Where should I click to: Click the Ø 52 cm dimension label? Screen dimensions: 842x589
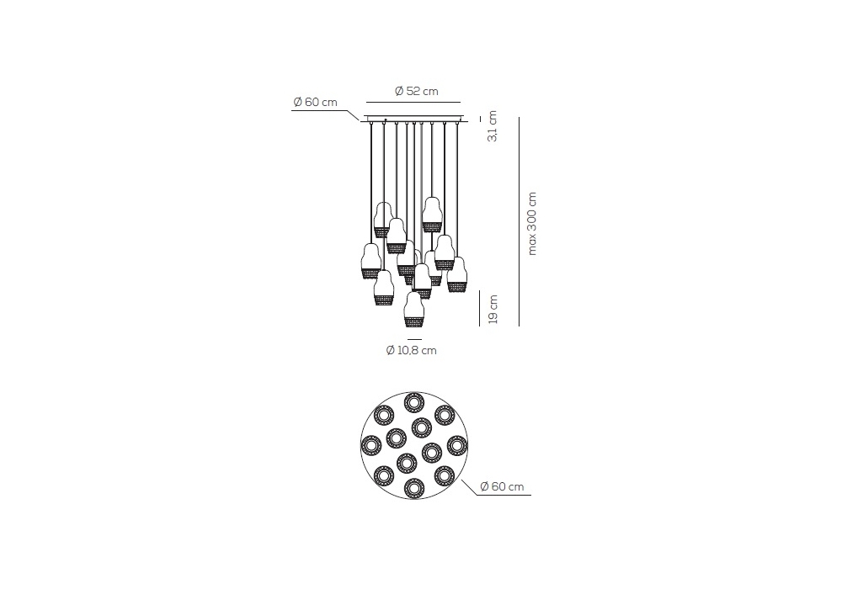pyautogui.click(x=416, y=91)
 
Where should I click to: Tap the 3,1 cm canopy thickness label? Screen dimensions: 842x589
pyautogui.click(x=492, y=126)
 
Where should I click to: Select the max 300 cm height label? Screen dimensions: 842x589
pyautogui.click(x=531, y=223)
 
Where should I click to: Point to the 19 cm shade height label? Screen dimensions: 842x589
pyautogui.click(x=493, y=310)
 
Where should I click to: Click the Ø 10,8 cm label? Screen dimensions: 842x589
pyautogui.click(x=412, y=350)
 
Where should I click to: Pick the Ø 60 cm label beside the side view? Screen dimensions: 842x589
pyautogui.click(x=315, y=102)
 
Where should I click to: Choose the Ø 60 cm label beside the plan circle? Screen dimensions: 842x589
pyautogui.click(x=502, y=486)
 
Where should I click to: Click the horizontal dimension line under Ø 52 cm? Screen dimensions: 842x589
pyautogui.click(x=413, y=102)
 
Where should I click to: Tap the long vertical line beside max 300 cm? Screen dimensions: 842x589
pyautogui.click(x=520, y=221)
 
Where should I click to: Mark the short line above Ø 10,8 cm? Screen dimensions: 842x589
pyautogui.click(x=414, y=340)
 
